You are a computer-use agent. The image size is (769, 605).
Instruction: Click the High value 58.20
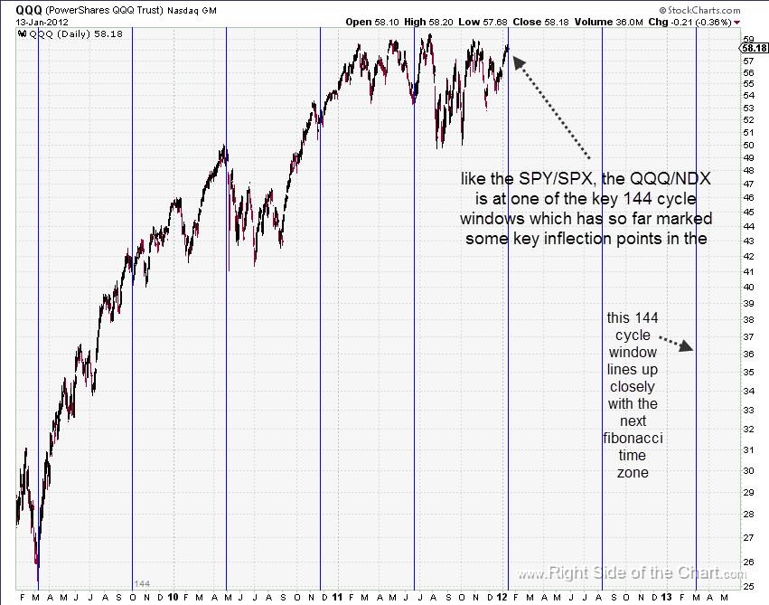coord(442,21)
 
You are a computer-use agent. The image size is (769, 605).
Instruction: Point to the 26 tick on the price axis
coord(748,562)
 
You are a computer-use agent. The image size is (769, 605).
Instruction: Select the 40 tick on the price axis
coord(748,288)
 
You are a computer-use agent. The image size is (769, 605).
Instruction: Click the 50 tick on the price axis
coord(748,145)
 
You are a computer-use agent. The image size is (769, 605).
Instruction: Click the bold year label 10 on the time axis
coord(172,597)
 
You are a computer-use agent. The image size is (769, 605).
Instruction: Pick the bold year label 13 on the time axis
coord(666,597)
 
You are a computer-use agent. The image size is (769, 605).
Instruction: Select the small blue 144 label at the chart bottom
coord(142,583)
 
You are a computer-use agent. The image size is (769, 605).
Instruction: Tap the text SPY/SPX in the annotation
coord(550,179)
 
